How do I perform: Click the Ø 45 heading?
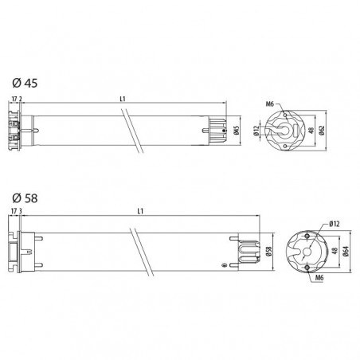click(25, 82)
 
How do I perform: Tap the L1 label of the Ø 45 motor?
click(123, 98)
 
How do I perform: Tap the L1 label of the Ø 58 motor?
click(140, 211)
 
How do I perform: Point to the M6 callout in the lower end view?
click(318, 279)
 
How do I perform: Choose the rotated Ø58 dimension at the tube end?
click(268, 252)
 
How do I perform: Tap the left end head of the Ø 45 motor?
click(18, 130)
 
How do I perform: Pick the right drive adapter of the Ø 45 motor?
click(217, 130)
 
